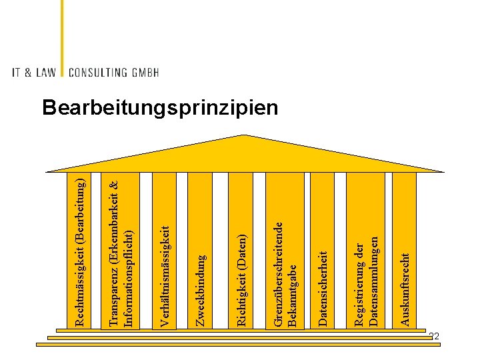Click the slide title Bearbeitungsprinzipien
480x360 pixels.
click(x=160, y=108)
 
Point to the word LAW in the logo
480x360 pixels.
click(x=45, y=72)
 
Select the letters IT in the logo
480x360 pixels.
click(x=16, y=72)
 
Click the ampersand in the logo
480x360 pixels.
click(x=29, y=72)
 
